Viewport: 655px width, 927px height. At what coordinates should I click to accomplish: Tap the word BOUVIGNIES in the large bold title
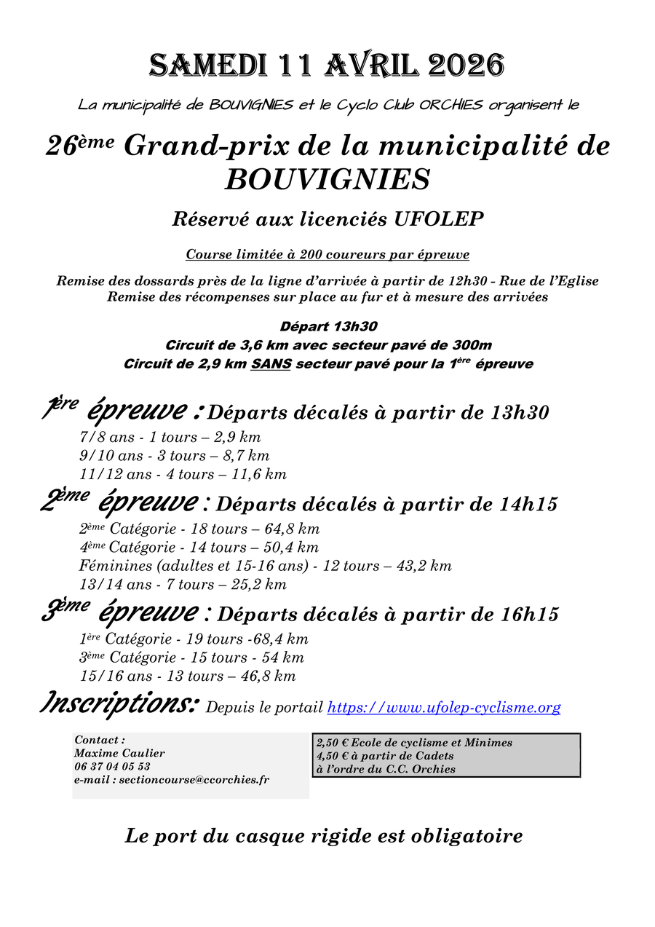(327, 179)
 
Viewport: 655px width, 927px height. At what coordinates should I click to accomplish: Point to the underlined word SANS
(271, 363)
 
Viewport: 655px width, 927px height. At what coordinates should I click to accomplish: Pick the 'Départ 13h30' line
(328, 327)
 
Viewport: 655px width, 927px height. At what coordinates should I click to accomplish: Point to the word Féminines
(111, 566)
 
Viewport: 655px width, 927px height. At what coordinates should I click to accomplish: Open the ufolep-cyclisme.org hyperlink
(443, 707)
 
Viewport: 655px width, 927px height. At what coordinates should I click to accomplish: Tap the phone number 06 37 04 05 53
(112, 766)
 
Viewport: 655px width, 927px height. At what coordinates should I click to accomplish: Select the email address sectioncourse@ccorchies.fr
(194, 779)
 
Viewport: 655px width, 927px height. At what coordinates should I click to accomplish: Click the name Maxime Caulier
(119, 753)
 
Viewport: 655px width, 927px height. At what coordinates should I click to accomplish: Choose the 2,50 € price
(333, 743)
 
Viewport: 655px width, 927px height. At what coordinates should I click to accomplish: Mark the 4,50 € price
(333, 756)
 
